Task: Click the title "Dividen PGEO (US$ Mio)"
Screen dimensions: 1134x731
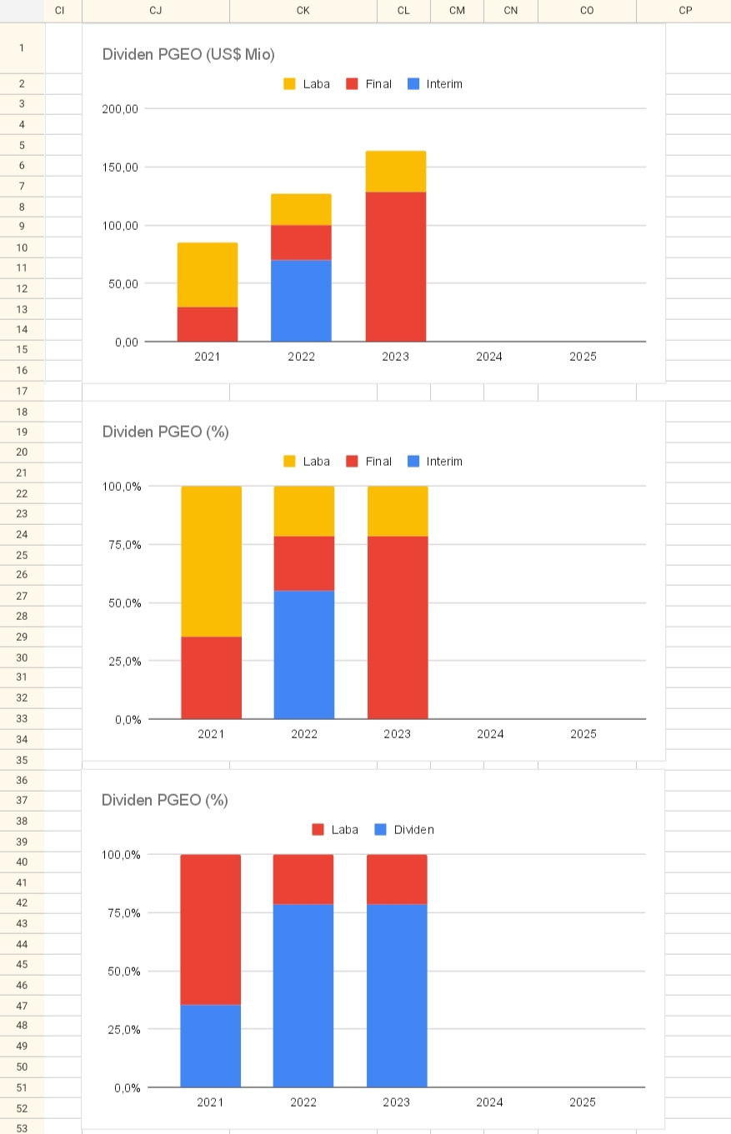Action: tap(188, 54)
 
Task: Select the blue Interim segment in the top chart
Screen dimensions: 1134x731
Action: tap(301, 300)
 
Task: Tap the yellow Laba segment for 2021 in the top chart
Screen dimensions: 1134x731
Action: tap(208, 274)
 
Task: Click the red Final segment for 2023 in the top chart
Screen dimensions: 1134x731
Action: tap(395, 266)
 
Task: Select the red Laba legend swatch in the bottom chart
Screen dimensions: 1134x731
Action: tap(318, 830)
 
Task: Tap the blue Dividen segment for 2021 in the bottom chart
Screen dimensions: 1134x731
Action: tap(210, 1046)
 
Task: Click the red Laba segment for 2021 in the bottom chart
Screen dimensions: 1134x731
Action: tap(210, 929)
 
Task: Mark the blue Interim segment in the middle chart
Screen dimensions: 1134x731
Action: tap(304, 654)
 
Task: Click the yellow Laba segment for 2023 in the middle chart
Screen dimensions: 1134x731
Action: tap(398, 511)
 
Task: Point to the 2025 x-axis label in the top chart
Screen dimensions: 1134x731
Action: tap(583, 357)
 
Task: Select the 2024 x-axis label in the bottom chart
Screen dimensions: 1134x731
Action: tap(489, 1102)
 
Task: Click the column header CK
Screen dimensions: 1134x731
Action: tap(303, 11)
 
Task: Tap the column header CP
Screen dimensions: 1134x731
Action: tap(684, 11)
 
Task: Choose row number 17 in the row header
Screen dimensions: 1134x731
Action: tap(22, 391)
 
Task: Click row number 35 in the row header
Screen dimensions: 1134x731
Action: tap(22, 760)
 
